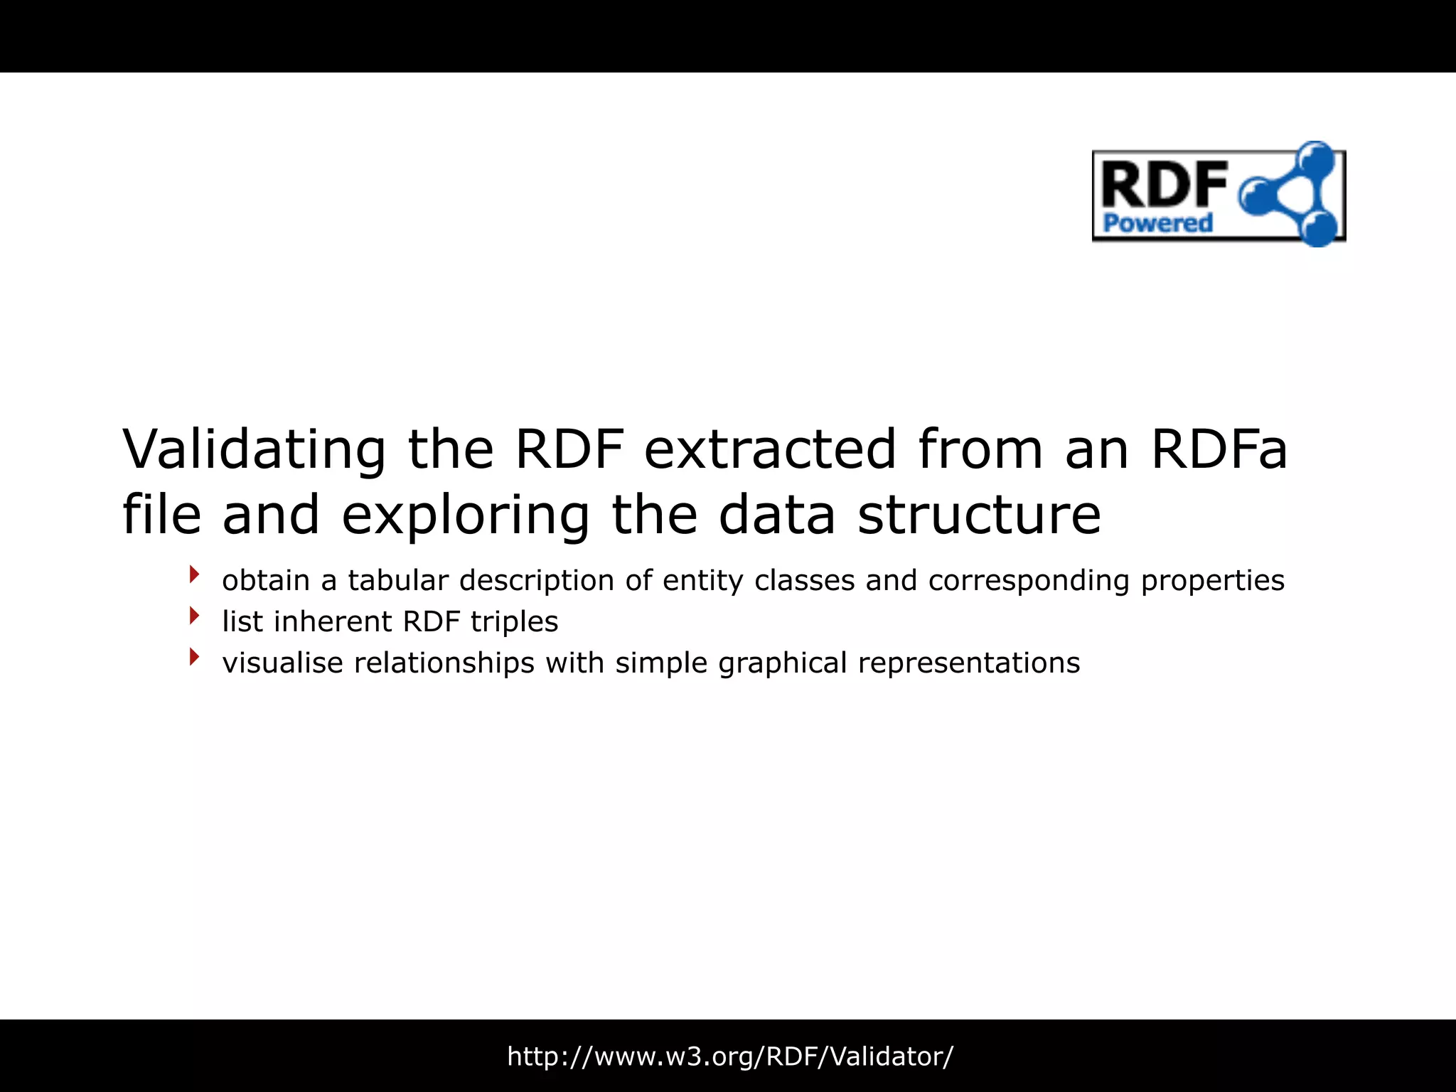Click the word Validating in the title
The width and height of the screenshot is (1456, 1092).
254,449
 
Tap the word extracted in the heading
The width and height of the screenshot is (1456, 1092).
770,449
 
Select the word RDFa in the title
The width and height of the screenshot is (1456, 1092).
1219,449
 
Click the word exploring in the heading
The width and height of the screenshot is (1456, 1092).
466,515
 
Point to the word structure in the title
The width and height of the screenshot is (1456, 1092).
979,515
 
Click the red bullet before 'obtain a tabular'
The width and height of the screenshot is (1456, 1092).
194,574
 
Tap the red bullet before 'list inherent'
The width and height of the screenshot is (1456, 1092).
194,616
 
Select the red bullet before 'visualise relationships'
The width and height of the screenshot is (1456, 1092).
194,657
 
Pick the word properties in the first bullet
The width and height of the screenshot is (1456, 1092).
1212,582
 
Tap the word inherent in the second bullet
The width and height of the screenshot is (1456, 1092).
332,621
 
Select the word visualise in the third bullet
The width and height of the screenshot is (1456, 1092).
282,663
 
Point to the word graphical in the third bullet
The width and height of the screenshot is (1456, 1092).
782,663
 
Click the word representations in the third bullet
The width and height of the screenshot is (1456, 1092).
968,663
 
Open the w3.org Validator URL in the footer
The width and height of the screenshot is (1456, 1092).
729,1056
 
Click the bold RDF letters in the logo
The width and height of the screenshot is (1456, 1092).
1164,184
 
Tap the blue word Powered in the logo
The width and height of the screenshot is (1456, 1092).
1157,223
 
